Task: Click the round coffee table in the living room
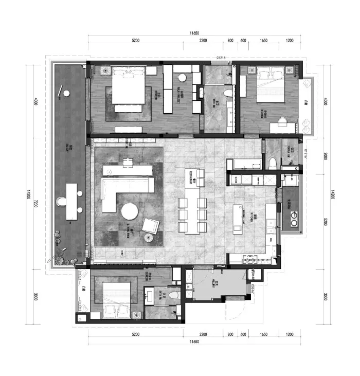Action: (130, 211)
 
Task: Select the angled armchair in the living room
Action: (151, 225)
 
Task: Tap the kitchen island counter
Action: (238, 219)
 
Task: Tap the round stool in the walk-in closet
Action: (182, 78)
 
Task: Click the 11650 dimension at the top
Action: (194, 33)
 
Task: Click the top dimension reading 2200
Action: (203, 40)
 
